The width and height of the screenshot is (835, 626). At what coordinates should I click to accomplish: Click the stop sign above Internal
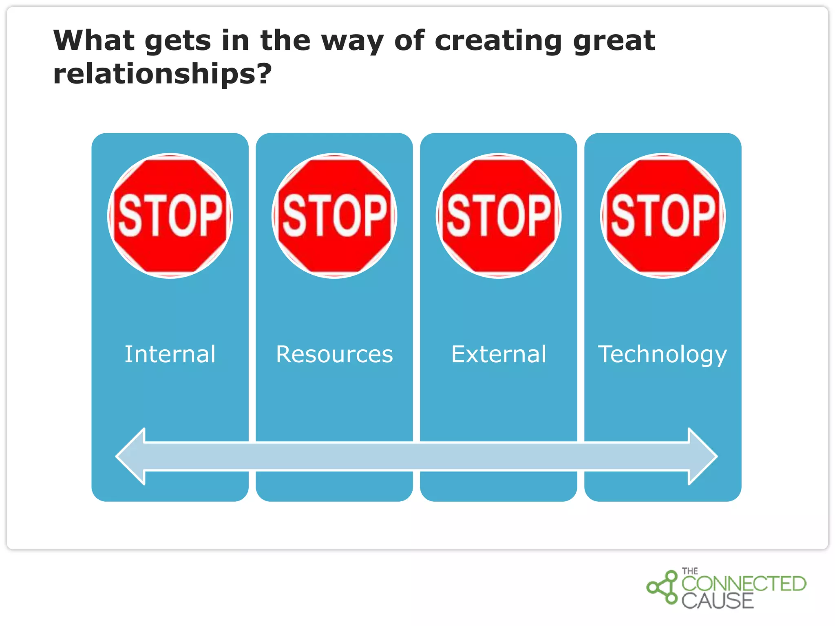[170, 216]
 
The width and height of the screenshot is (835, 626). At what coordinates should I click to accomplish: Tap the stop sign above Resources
[334, 216]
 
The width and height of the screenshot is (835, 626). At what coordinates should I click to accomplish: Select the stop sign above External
[499, 216]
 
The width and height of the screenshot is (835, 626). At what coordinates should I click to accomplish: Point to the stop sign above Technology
[663, 216]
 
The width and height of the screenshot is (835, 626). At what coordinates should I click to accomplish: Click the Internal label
[170, 354]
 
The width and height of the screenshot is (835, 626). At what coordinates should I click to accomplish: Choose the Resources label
[334, 354]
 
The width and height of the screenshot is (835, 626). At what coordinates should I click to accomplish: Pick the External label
[499, 354]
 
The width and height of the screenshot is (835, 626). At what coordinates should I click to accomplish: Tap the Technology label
[663, 354]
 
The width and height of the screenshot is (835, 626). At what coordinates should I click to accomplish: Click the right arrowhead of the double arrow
[702, 456]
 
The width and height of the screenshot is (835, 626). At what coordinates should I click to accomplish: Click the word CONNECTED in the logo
[744, 584]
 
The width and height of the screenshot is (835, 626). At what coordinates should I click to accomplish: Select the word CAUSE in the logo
[718, 601]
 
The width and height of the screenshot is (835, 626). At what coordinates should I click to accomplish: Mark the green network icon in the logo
[663, 587]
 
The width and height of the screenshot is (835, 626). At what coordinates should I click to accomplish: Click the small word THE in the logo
[690, 571]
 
